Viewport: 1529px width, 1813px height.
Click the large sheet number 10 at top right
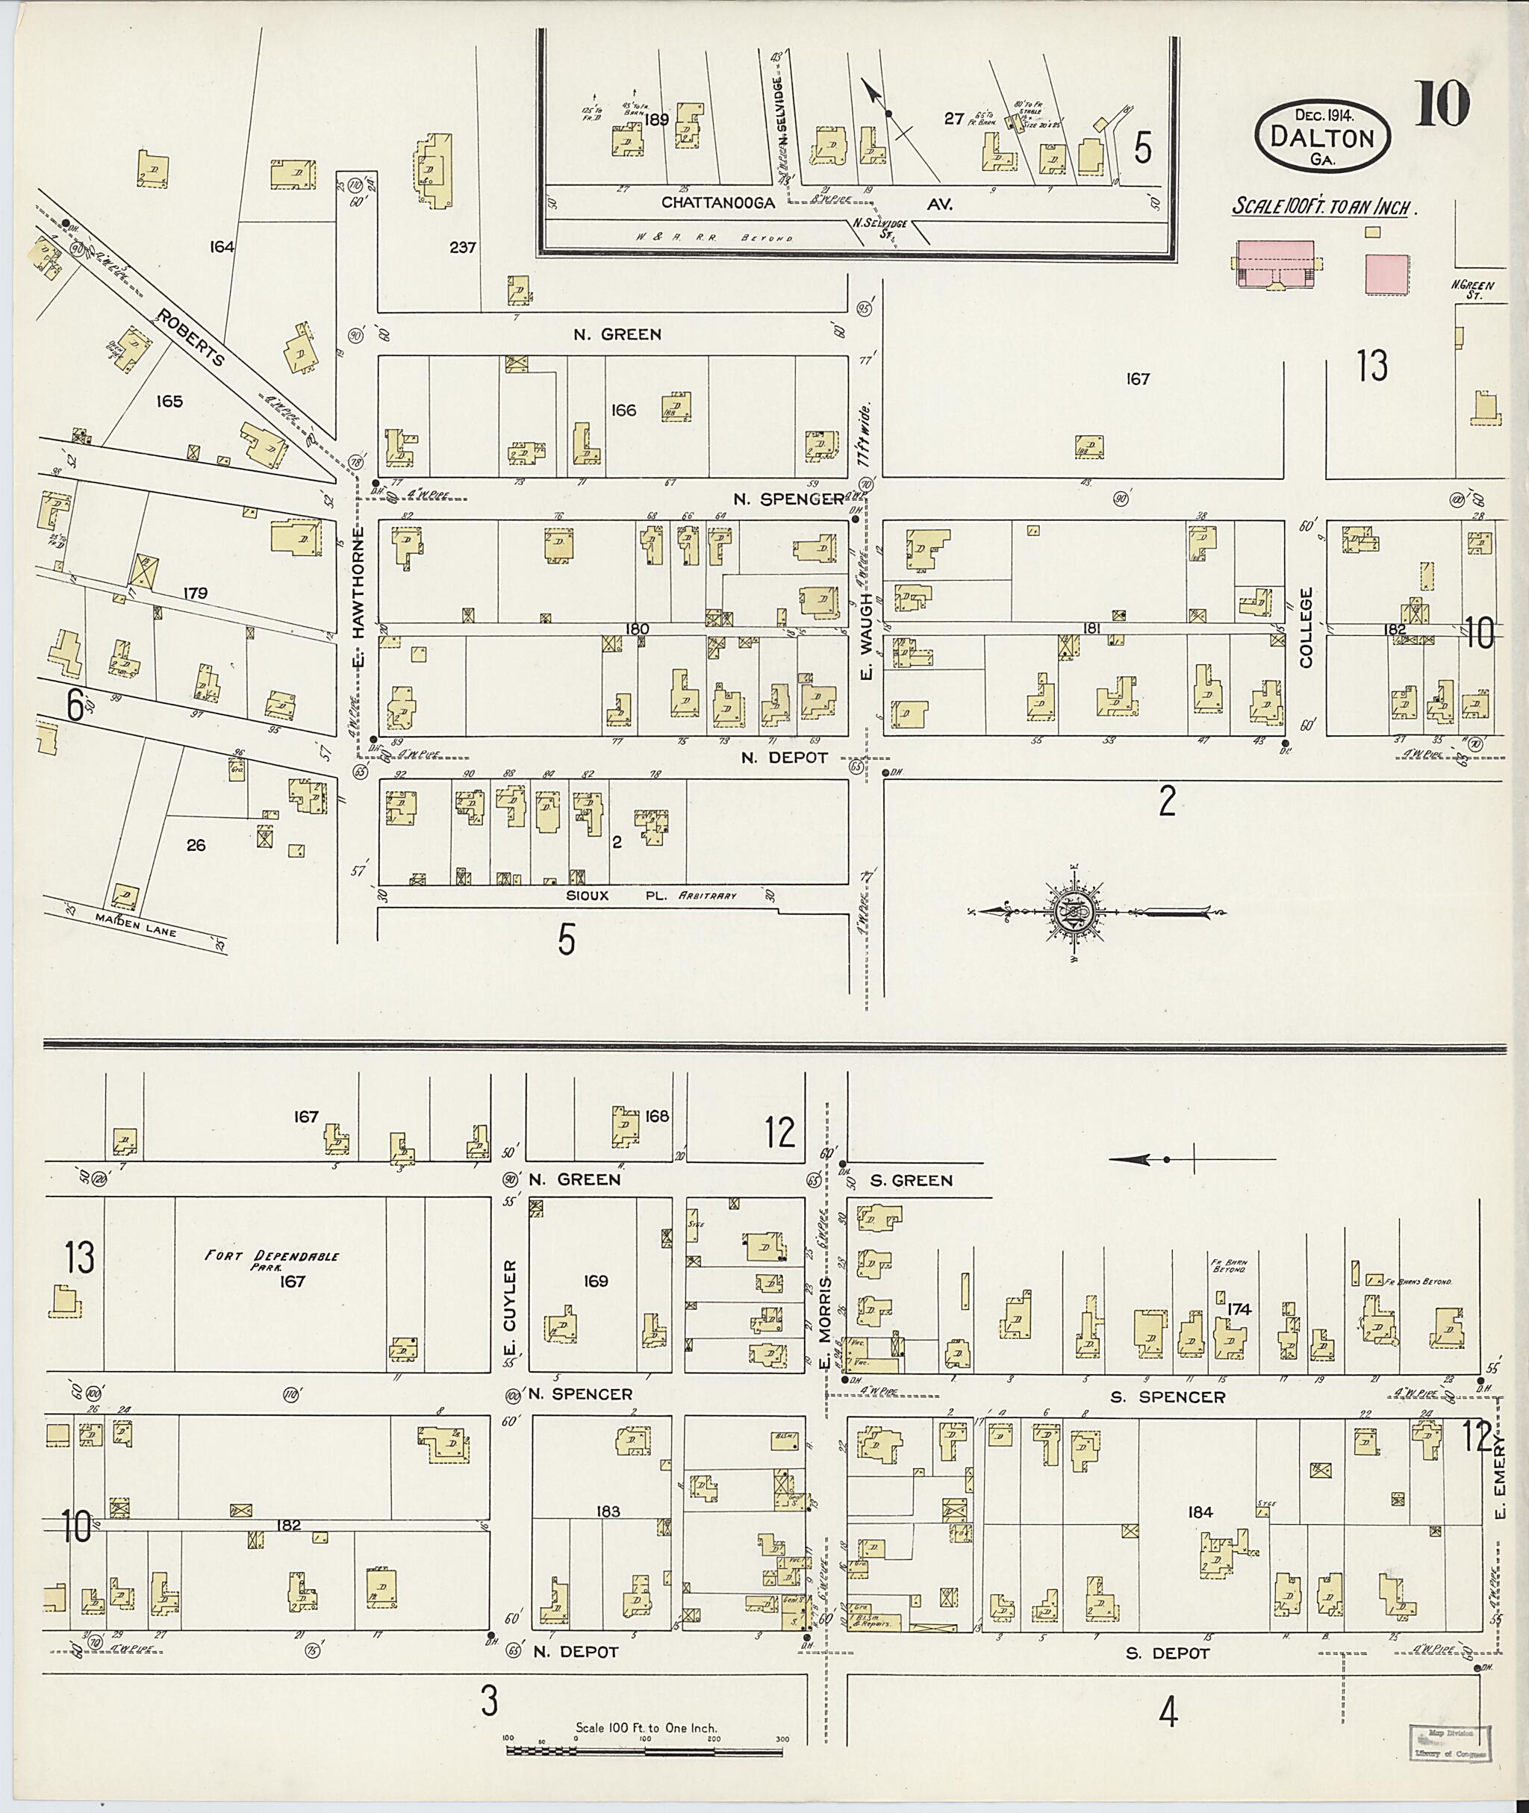[1443, 103]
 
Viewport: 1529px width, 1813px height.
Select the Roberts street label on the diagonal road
[190, 337]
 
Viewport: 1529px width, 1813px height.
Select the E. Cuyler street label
[510, 1309]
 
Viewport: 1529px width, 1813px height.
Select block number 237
[463, 248]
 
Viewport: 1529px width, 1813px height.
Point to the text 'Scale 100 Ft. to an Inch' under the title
[1324, 208]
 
